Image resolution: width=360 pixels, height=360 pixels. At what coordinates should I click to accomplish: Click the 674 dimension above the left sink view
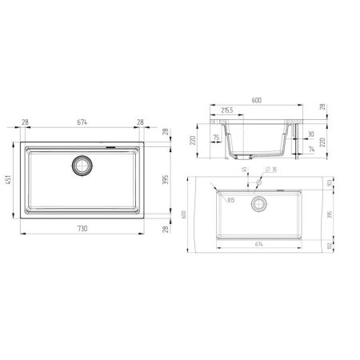pos(82,122)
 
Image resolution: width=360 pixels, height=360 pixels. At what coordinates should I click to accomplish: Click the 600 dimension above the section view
pos(257,101)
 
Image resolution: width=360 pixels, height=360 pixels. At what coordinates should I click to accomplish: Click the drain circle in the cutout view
pos(258,204)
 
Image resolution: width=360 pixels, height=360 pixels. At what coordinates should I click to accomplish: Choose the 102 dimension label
pos(328,246)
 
